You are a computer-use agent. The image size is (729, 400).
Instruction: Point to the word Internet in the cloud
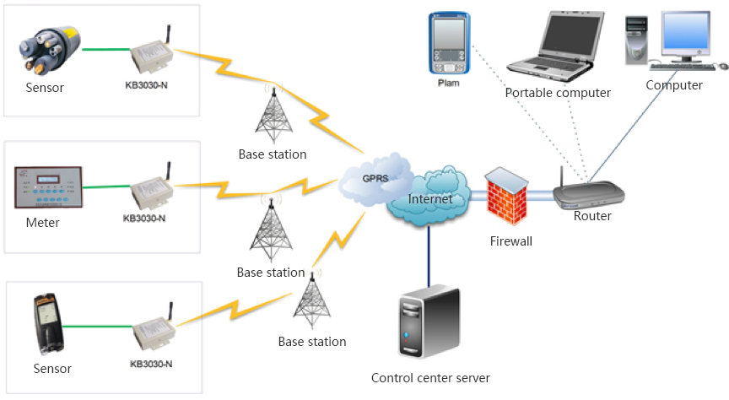click(x=430, y=199)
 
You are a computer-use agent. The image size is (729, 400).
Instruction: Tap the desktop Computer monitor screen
click(x=686, y=35)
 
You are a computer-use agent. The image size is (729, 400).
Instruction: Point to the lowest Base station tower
click(x=311, y=302)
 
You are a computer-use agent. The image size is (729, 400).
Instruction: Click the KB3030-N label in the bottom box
click(x=152, y=364)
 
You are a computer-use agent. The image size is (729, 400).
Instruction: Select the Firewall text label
click(x=511, y=241)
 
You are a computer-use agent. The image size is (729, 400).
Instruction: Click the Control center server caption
click(x=430, y=377)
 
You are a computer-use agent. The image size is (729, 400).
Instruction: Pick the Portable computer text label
click(x=558, y=93)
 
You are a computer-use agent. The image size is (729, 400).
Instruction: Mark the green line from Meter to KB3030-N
click(x=105, y=187)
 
